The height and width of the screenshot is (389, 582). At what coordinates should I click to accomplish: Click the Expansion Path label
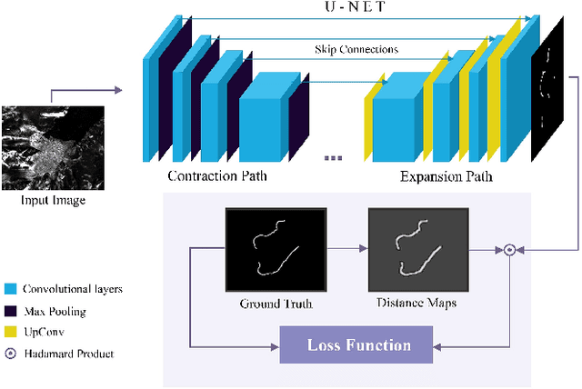coord(446,175)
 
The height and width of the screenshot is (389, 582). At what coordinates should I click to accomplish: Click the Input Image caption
coord(53,200)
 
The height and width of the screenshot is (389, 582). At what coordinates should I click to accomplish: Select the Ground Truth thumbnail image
coord(275,247)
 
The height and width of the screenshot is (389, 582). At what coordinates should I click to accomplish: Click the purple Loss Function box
coord(358,345)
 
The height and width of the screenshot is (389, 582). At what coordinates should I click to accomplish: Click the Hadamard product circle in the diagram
coord(510,248)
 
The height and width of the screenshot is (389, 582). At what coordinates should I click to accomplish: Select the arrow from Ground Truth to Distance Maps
coord(346,248)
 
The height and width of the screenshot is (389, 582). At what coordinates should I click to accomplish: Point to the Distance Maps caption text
coord(416,303)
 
